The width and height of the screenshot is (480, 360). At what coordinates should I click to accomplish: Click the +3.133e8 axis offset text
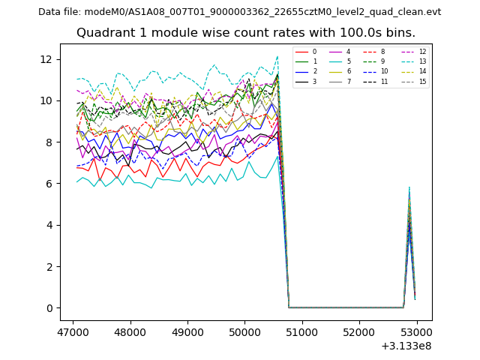pos(405,346)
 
